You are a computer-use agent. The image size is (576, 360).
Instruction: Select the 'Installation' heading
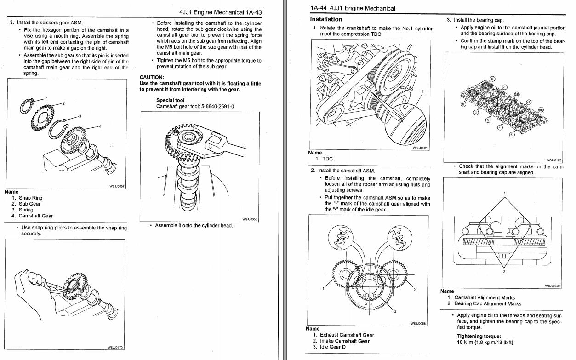[326, 19]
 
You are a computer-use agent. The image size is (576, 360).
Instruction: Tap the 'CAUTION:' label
[152, 77]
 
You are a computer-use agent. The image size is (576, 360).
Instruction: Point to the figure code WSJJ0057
[117, 186]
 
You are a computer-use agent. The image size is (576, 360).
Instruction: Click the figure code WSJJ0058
[418, 324]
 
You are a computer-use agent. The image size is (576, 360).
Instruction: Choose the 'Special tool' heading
[170, 100]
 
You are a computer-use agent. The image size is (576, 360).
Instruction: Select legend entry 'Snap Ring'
[30, 198]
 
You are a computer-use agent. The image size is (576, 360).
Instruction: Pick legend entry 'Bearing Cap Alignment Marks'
[488, 303]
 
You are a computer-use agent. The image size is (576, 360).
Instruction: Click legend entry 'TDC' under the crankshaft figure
[327, 159]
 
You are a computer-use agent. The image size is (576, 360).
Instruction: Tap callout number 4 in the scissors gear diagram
[100, 126]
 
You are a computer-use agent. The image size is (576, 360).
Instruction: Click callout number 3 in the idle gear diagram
[394, 311]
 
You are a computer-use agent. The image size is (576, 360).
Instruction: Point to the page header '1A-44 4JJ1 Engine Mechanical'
[353, 8]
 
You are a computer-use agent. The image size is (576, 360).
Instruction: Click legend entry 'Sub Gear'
[29, 204]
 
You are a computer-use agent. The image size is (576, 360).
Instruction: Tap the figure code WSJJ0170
[116, 348]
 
